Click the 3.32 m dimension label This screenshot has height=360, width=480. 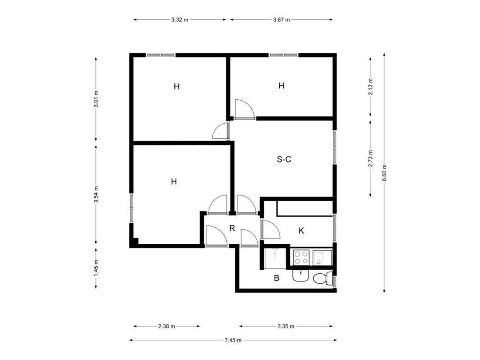pyautogui.click(x=180, y=20)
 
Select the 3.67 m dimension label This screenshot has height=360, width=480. pyautogui.click(x=281, y=20)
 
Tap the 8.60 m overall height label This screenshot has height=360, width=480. pyautogui.click(x=384, y=172)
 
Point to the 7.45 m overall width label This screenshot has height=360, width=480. pyautogui.click(x=233, y=340)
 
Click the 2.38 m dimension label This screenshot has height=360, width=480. pyautogui.click(x=166, y=326)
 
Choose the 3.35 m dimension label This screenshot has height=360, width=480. pyautogui.click(x=286, y=326)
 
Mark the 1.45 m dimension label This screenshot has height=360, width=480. pyautogui.click(x=96, y=268)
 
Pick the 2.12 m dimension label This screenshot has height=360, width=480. pyautogui.click(x=371, y=87)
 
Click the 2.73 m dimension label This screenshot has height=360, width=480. pyautogui.click(x=371, y=158)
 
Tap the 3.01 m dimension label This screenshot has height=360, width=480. pyautogui.click(x=96, y=98)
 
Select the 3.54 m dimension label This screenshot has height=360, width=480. pyautogui.click(x=96, y=195)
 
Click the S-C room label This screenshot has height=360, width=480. pyautogui.click(x=284, y=159)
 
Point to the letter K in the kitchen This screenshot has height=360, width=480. pyautogui.click(x=301, y=231)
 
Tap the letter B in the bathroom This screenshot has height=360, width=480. pyautogui.click(x=277, y=278)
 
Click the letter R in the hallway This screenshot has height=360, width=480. pyautogui.click(x=232, y=228)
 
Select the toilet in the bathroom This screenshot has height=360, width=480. pyautogui.click(x=323, y=278)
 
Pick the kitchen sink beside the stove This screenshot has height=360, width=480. pyautogui.click(x=322, y=257)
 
